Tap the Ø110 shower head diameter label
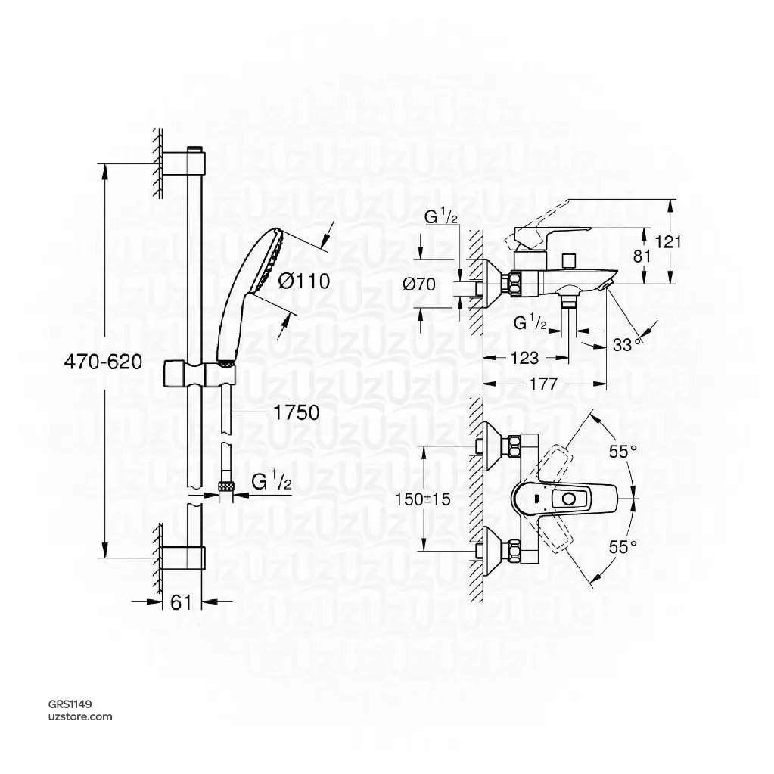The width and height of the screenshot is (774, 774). (x=303, y=281)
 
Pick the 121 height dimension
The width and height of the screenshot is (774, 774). (x=668, y=241)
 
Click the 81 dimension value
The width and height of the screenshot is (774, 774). (x=642, y=256)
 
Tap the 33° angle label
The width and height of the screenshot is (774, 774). (x=626, y=344)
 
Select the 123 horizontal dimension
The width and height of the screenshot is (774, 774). (x=525, y=357)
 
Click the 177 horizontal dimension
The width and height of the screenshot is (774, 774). (x=543, y=384)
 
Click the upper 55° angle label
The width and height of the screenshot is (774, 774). (x=623, y=452)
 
